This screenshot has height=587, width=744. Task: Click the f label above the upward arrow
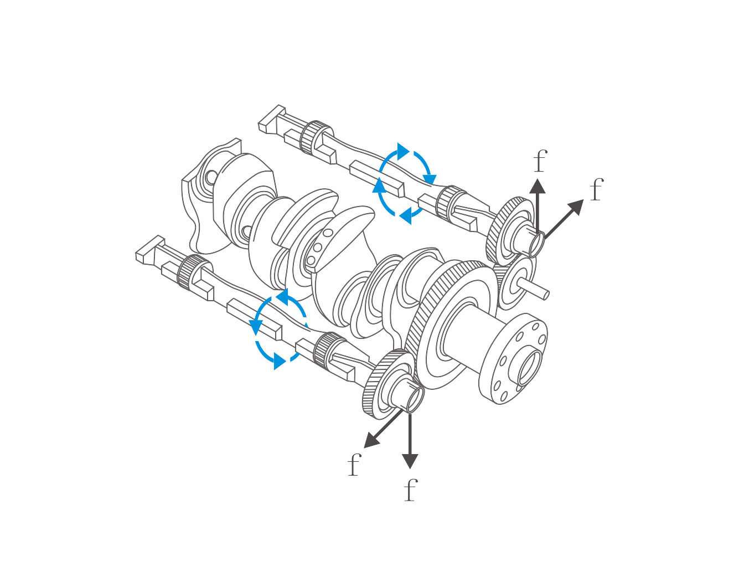[540, 161]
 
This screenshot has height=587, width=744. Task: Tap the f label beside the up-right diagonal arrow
[597, 189]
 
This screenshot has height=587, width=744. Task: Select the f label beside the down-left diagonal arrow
[354, 465]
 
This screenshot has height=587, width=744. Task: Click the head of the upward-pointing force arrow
[538, 186]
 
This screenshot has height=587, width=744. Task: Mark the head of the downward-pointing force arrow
[410, 461]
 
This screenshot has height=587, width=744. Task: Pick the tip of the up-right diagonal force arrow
[583, 200]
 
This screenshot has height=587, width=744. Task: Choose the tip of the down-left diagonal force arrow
[364, 448]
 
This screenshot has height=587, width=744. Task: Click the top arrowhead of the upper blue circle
[403, 151]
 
